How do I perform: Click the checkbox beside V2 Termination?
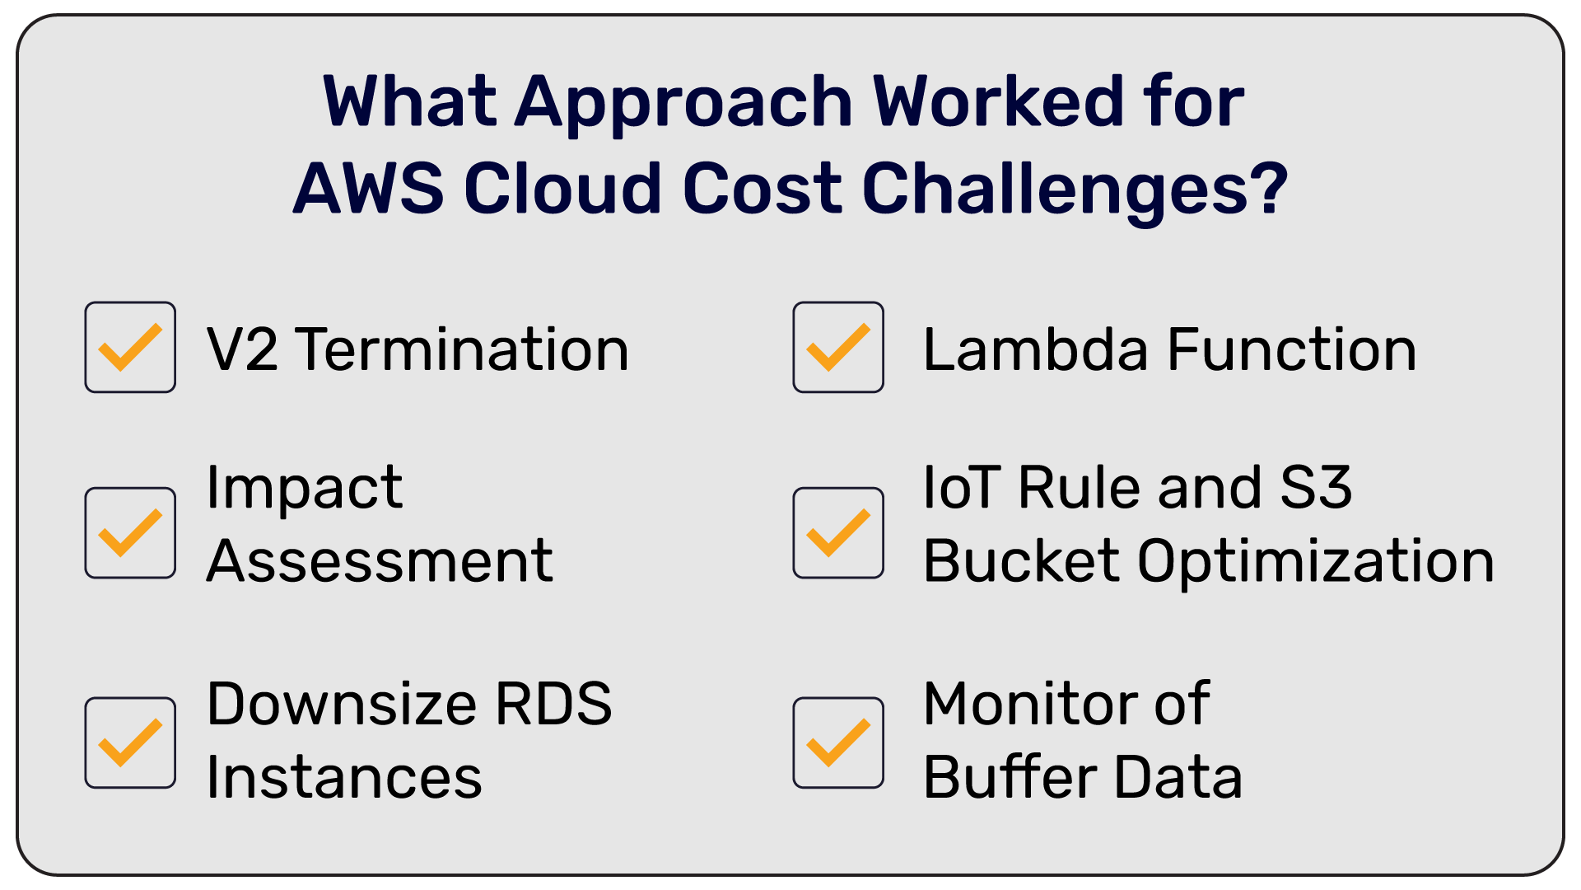pyautogui.click(x=130, y=347)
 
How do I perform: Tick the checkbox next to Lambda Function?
pyautogui.click(x=838, y=347)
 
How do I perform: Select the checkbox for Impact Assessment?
pyautogui.click(x=130, y=532)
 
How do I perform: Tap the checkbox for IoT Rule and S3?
pyautogui.click(x=838, y=532)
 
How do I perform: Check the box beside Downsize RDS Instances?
pyautogui.click(x=130, y=742)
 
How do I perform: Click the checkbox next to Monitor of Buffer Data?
pyautogui.click(x=838, y=742)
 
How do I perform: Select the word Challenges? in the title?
pyautogui.click(x=1075, y=190)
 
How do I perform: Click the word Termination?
pyautogui.click(x=462, y=349)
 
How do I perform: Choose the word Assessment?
pyautogui.click(x=380, y=561)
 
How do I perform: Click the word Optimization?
pyautogui.click(x=1315, y=563)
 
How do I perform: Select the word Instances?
pyautogui.click(x=344, y=777)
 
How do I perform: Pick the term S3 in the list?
pyautogui.click(x=1316, y=487)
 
